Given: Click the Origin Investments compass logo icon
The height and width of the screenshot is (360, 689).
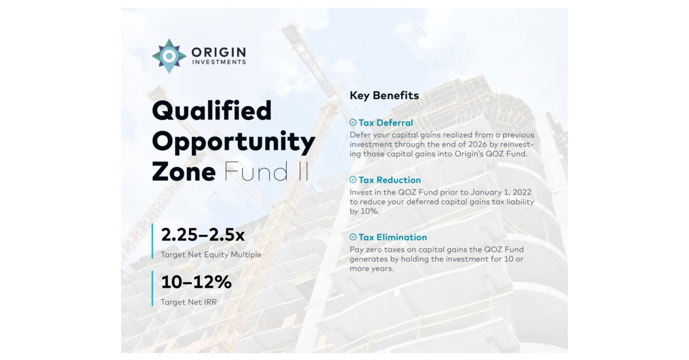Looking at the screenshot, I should pos(169,56).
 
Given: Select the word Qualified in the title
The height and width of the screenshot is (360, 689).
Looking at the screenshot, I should pos(212,111).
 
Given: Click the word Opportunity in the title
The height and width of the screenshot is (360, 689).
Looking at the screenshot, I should pos(233,142).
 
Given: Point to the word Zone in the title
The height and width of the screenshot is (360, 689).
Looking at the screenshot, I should pos(184,172).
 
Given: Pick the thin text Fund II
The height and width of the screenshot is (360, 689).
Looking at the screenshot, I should pos(266,172).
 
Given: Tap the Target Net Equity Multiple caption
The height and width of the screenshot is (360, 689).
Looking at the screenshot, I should pos(211,254).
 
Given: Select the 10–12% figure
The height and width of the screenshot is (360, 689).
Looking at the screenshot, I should pos(196,282).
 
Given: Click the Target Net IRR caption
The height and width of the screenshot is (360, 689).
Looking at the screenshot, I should pos(189,301).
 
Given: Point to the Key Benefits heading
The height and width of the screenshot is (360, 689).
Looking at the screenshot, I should pos(384,95).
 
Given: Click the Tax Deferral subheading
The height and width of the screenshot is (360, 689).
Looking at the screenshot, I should pos(385,122).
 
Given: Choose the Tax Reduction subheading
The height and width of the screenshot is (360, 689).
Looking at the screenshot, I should pos(389,180).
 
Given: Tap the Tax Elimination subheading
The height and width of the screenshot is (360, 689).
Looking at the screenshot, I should pos(393,237).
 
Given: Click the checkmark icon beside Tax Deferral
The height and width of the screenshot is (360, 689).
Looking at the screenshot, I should pos(353,122).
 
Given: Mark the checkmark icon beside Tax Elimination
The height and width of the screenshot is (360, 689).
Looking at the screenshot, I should pos(353,237).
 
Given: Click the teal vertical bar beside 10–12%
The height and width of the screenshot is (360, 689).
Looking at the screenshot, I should pos(153,288).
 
